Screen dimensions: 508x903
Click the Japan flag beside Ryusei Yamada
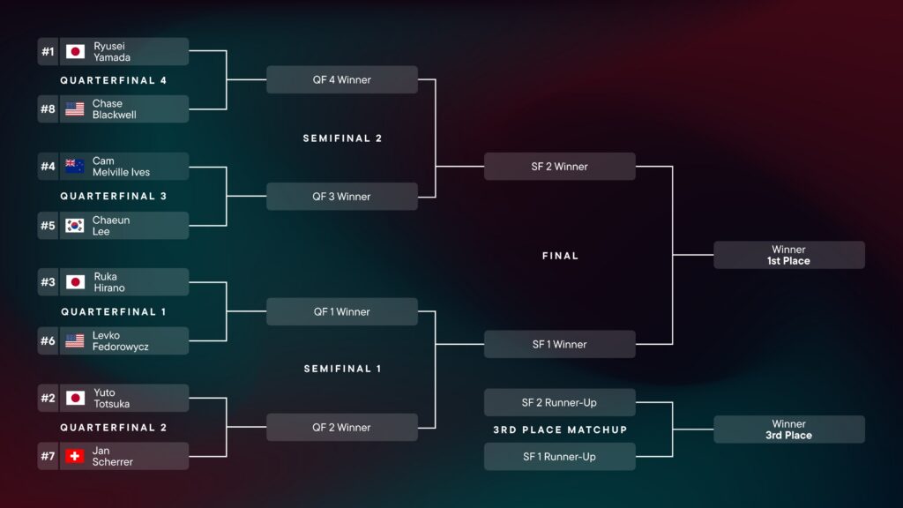75,51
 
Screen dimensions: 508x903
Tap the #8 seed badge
48,109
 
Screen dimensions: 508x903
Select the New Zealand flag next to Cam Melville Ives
75,167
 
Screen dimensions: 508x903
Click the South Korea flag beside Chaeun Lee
75,225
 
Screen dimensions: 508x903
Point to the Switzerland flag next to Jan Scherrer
75,456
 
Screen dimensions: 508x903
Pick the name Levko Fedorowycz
120,340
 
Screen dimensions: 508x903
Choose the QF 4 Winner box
341,79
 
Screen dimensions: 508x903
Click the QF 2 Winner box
341,427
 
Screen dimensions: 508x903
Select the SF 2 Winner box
559,166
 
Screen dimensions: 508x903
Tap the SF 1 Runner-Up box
559,456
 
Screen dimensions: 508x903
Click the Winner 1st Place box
788,255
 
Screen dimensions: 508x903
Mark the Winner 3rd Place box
788,430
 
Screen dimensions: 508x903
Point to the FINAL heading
560,256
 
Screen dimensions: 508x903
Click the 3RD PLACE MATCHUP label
560,430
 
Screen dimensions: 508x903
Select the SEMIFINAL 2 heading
342,138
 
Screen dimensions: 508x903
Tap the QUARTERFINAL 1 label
114,311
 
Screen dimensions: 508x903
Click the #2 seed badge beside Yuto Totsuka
48,398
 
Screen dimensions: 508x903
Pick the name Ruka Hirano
109,282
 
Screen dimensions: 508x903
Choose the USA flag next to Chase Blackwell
75,109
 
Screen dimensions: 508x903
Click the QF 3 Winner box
341,196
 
